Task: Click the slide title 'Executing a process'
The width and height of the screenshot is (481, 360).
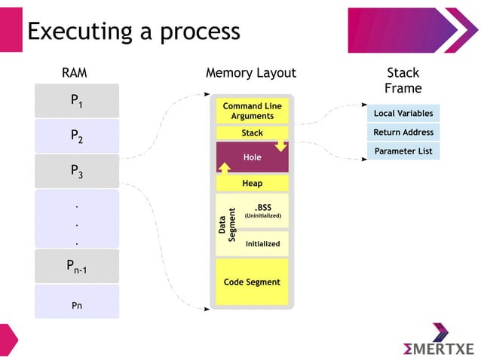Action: click(133, 31)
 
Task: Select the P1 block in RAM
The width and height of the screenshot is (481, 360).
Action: click(76, 101)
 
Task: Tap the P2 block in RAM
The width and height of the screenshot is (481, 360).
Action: click(76, 136)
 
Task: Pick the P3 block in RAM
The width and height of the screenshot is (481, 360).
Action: click(76, 171)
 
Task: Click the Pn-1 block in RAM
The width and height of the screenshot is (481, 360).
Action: click(76, 266)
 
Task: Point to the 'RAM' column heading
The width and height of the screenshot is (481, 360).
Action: click(74, 73)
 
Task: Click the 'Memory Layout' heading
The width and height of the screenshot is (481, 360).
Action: click(250, 73)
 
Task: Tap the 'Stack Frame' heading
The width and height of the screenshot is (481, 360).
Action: click(403, 81)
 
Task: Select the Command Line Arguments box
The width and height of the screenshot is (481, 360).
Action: click(252, 111)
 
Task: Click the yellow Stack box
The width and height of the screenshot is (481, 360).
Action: click(252, 133)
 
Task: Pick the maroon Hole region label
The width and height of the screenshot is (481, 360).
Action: click(252, 157)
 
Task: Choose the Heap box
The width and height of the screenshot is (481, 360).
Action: click(252, 183)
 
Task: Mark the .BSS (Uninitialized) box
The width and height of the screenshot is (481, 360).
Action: click(263, 211)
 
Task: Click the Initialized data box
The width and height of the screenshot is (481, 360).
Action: click(263, 243)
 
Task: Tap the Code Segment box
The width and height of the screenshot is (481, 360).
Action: click(252, 282)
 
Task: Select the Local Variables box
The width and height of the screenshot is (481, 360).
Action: click(403, 114)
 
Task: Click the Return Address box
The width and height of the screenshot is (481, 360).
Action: click(403, 133)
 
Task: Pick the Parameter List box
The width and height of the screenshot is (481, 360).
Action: click(403, 151)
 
